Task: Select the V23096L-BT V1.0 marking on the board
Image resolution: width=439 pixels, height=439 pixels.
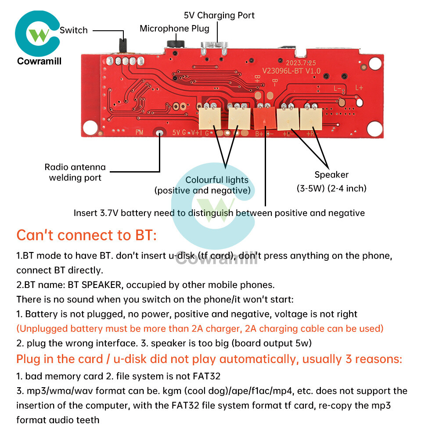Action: coord(291,71)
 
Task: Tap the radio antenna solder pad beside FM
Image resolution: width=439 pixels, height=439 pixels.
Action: coord(159,133)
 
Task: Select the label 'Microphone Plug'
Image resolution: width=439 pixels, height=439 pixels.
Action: coord(174,29)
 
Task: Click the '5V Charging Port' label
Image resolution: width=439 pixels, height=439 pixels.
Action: coord(219,15)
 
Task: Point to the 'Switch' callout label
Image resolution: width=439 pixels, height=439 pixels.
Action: coord(73,30)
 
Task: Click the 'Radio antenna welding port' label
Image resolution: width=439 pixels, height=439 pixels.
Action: coord(75,172)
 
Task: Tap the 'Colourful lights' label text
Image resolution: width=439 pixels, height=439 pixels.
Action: coord(217,180)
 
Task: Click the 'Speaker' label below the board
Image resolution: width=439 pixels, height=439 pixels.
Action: coord(331,175)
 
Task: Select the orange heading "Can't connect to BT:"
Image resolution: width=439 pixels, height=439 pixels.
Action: coord(86,235)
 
